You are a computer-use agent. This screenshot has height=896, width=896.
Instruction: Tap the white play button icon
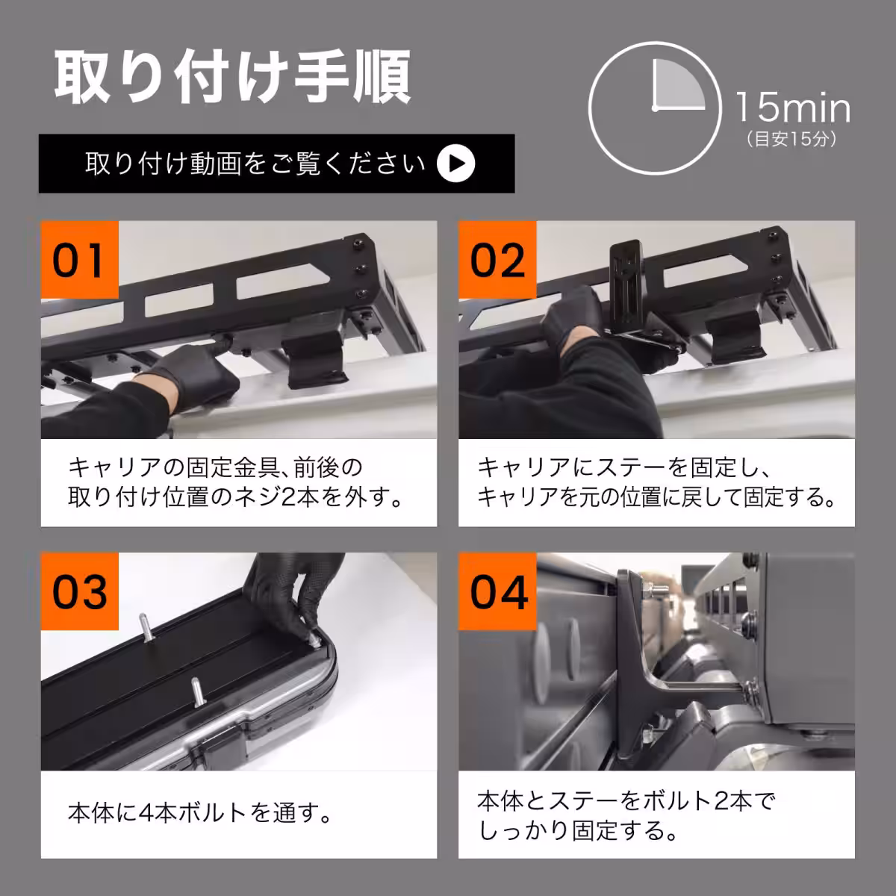click(455, 164)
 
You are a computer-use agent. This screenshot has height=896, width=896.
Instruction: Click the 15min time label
click(792, 108)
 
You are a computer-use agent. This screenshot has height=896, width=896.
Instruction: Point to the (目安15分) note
click(791, 140)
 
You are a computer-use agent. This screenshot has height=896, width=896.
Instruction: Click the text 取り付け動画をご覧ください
click(255, 164)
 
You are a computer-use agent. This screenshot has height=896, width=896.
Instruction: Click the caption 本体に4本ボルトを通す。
click(200, 812)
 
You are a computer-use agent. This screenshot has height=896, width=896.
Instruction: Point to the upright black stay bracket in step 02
click(629, 287)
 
